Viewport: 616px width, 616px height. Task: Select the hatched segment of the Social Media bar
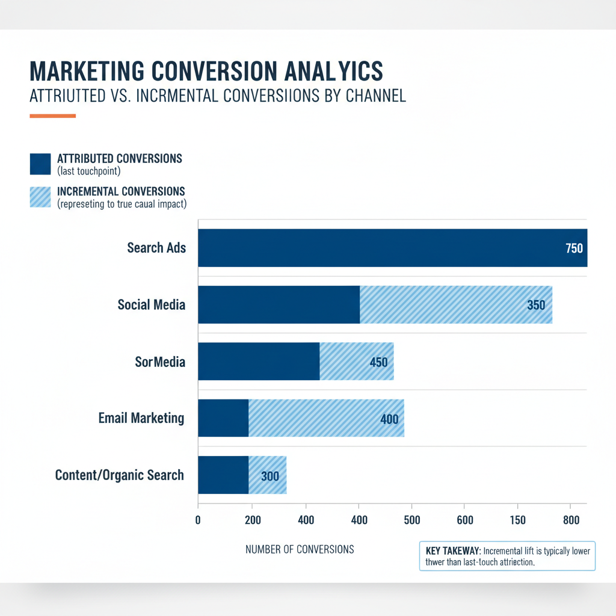click(445, 304)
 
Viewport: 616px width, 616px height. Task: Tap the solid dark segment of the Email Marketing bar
click(223, 418)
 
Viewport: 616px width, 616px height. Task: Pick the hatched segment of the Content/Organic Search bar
click(268, 475)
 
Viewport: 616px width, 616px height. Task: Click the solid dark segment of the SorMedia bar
click(259, 362)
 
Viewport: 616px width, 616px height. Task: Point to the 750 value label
click(574, 248)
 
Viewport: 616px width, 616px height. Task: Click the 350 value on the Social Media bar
click(535, 305)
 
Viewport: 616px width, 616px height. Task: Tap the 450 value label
click(379, 362)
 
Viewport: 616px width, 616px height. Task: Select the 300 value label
click(270, 476)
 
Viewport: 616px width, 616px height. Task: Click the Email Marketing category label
click(141, 418)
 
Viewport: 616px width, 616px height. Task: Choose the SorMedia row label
click(160, 362)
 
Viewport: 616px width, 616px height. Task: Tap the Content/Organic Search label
click(119, 475)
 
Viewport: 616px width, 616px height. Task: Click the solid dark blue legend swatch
click(40, 163)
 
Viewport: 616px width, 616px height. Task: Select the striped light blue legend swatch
click(40, 197)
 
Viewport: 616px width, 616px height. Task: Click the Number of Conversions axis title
click(300, 549)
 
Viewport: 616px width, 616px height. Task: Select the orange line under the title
click(52, 115)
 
